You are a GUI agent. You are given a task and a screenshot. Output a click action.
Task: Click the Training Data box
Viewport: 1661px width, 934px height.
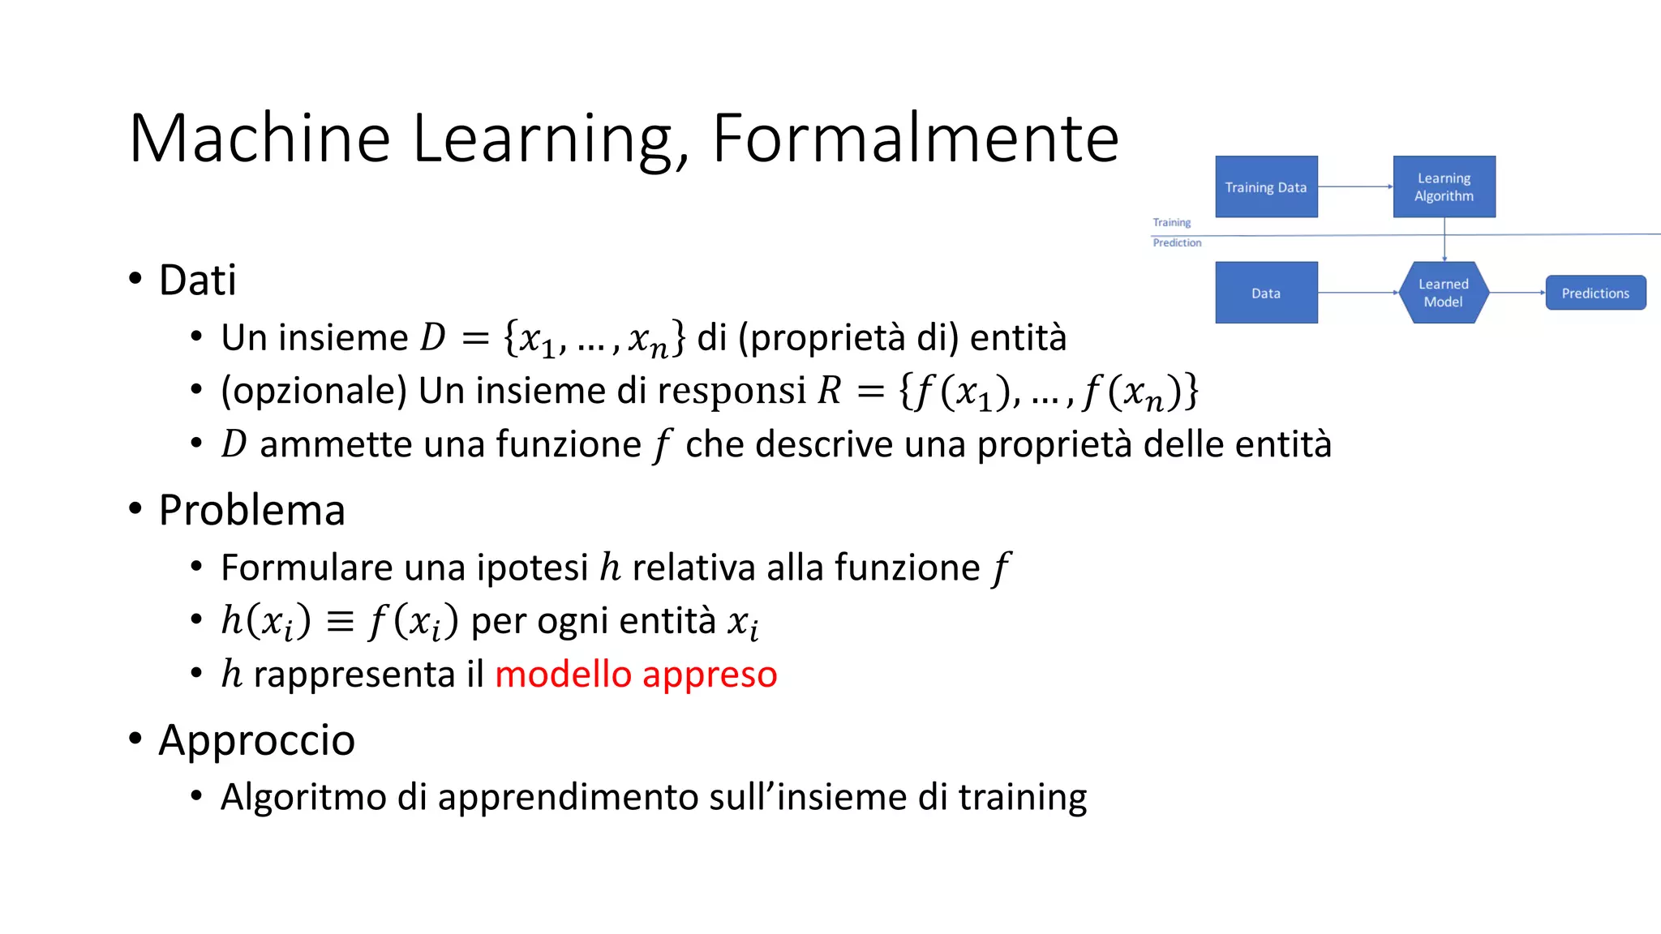(x=1266, y=187)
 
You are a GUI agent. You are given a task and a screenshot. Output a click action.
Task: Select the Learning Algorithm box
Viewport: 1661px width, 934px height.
(x=1444, y=187)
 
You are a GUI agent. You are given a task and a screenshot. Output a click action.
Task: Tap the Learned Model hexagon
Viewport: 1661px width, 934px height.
(x=1444, y=293)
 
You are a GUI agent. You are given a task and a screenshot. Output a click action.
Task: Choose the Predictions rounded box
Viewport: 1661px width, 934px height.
(x=1595, y=293)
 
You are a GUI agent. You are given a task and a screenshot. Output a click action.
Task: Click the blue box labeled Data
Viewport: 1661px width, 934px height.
(x=1266, y=293)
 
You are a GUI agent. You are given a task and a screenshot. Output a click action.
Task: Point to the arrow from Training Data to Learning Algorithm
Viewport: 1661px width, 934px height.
(x=1354, y=186)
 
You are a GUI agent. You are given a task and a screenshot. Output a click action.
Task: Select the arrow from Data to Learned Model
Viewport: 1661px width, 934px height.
(x=1358, y=292)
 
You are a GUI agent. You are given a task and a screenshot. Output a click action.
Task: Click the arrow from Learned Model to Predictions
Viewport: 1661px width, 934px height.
(x=1517, y=292)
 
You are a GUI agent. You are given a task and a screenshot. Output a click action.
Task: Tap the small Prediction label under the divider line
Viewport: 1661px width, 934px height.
(x=1177, y=242)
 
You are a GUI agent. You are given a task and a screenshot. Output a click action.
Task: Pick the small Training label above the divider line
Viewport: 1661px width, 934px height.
(x=1172, y=222)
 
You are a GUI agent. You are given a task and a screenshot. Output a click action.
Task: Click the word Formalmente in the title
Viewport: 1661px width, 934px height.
(x=916, y=139)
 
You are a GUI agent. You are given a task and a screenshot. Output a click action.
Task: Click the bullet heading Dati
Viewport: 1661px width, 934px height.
(x=197, y=281)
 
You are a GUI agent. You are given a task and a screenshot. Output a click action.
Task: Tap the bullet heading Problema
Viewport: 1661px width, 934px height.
(x=251, y=511)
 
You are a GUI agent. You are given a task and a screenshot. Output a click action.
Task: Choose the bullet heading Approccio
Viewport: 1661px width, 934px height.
(x=256, y=740)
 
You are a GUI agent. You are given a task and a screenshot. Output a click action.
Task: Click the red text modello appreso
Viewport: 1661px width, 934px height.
(x=636, y=675)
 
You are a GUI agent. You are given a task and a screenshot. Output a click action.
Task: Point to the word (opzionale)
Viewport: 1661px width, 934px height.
(x=314, y=391)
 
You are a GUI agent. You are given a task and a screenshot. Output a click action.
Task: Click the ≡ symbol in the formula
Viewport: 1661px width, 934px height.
(x=340, y=622)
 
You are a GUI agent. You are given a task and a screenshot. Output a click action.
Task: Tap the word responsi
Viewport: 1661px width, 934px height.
(x=732, y=391)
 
